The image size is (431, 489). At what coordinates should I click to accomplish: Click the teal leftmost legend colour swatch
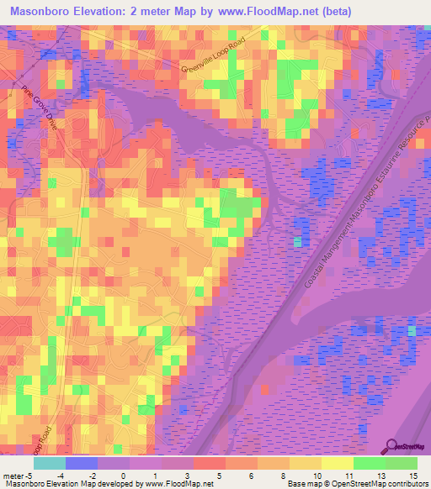click(49, 463)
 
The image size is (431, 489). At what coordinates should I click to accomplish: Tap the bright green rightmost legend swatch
click(401, 463)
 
